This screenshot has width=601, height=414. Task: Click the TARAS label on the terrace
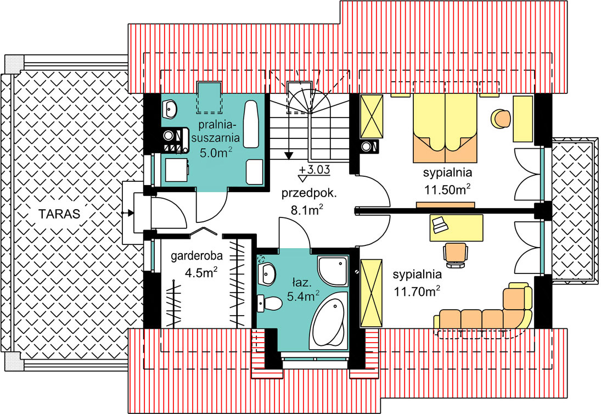pos(59,214)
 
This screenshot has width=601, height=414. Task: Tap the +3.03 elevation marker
pos(314,169)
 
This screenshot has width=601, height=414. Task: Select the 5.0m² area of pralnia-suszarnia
pos(216,153)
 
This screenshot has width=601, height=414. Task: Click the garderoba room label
pos(196,256)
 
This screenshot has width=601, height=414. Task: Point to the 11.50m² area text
pos(447,189)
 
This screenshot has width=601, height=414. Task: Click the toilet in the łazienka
pos(269,303)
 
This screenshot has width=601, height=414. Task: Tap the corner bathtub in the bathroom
pos(328,321)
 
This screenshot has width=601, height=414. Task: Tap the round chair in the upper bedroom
pos(501,119)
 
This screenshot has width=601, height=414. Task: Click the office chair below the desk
pos(456,255)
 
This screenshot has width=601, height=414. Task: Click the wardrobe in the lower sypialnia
pos(372,293)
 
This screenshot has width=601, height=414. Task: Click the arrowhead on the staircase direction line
pos(289,155)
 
